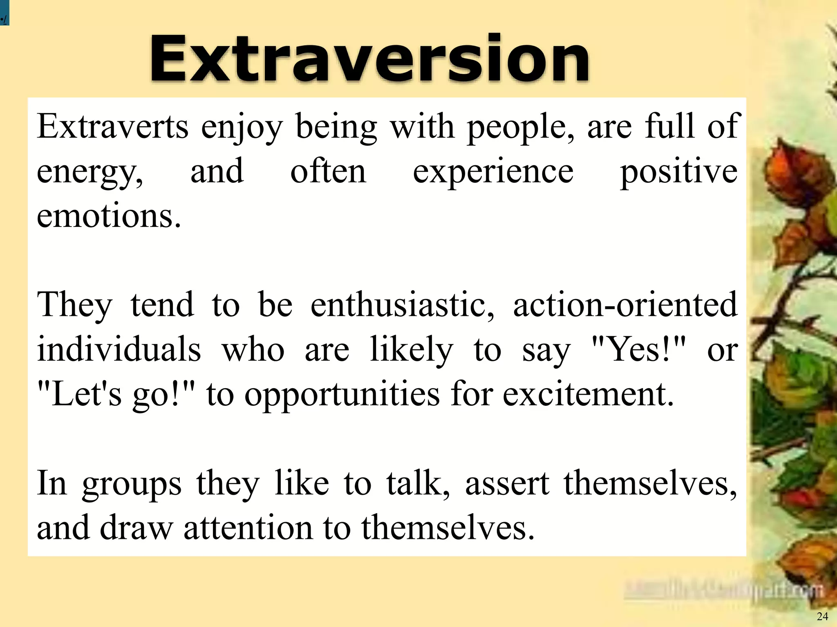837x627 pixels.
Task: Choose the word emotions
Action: point(108,216)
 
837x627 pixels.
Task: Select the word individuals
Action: point(119,350)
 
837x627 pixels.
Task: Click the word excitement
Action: point(588,395)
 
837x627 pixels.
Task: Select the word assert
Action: point(507,484)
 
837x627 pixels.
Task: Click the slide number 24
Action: point(822,616)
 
